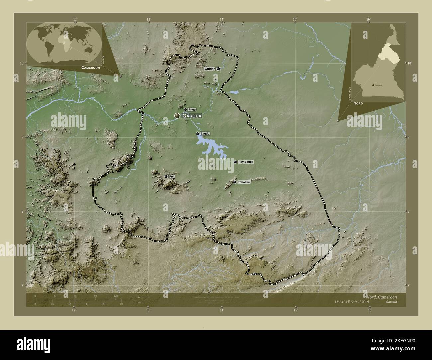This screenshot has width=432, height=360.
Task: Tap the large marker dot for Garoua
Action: point(177,116)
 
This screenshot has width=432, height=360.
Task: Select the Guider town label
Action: point(210,69)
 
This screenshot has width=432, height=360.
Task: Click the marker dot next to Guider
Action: point(218,69)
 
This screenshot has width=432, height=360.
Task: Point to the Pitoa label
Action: point(192,109)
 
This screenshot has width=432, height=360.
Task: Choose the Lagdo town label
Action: point(205,133)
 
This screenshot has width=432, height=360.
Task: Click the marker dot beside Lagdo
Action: point(197,134)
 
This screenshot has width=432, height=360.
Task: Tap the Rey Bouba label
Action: point(246,162)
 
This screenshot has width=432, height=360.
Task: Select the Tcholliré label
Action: point(244,182)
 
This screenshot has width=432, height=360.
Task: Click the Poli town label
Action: point(171,177)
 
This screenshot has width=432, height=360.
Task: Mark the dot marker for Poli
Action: point(166,177)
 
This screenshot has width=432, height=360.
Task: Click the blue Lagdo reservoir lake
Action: point(209,146)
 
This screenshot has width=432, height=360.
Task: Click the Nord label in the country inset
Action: point(358,103)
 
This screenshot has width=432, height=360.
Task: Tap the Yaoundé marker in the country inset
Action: point(373,85)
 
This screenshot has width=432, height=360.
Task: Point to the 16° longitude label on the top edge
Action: point(368,19)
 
